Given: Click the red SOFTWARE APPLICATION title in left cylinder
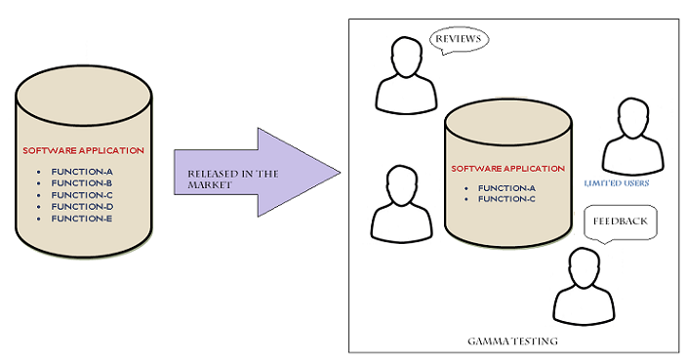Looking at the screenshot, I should [83, 150].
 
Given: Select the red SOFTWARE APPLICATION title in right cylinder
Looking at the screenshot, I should [506, 168].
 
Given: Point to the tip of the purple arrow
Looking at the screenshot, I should [338, 173].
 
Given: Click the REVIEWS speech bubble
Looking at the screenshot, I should [458, 40].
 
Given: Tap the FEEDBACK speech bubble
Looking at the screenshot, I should [620, 221].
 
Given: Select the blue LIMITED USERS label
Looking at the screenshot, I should [617, 182].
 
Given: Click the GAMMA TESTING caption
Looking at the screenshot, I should [511, 341].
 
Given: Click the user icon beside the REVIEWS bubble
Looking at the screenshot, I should [404, 76].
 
